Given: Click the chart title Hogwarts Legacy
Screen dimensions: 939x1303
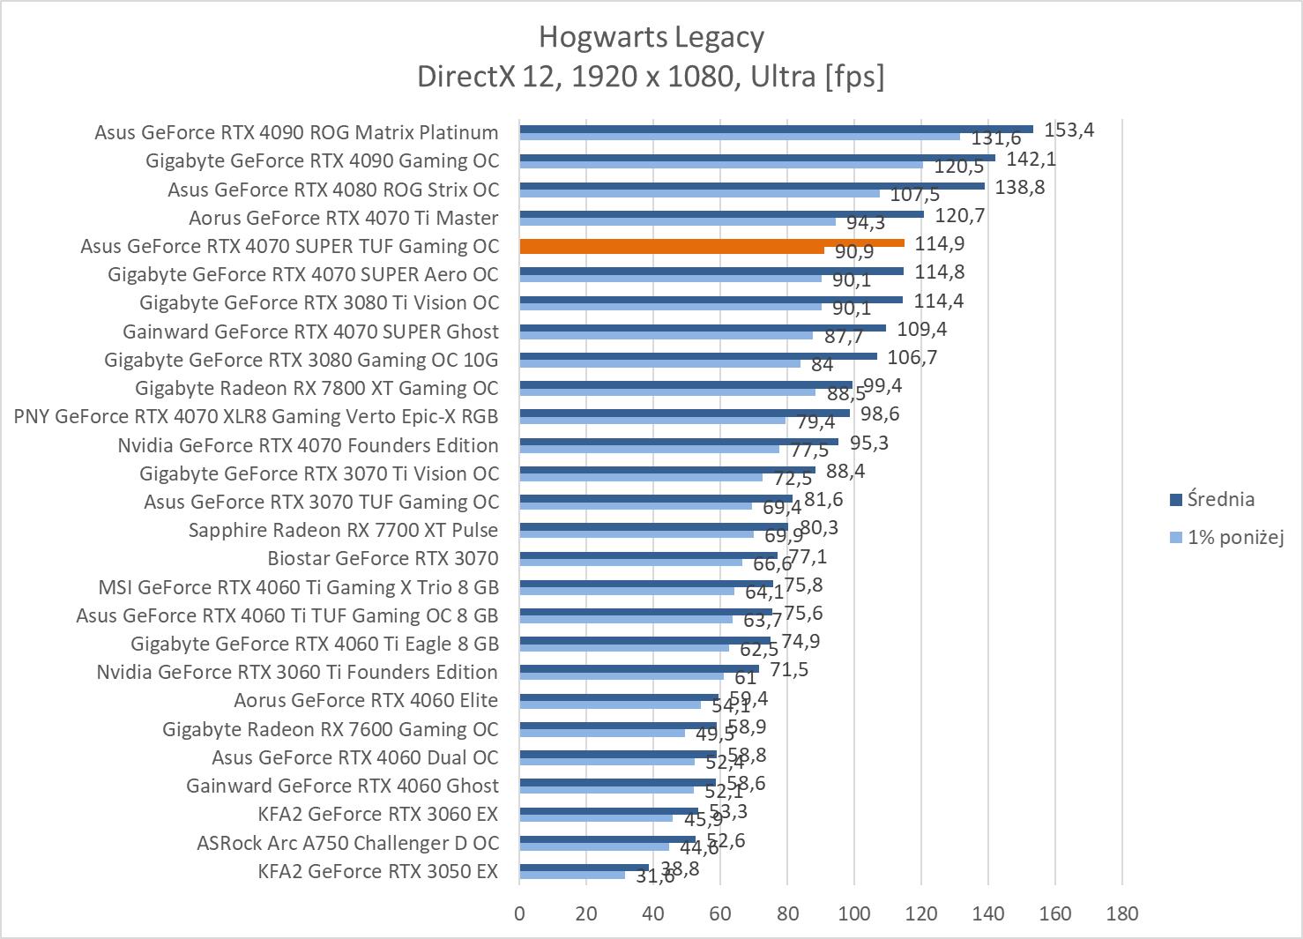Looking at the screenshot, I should click(651, 37).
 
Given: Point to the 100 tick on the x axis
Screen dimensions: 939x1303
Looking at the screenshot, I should click(853, 913).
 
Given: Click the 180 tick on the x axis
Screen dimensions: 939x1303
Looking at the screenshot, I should click(1121, 913).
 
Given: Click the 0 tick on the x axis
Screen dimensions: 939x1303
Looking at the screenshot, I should click(519, 913).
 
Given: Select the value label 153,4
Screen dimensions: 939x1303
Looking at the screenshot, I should click(1068, 130).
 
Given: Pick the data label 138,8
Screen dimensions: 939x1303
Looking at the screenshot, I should click(1020, 187).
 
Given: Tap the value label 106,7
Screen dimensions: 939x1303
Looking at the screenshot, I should click(912, 357).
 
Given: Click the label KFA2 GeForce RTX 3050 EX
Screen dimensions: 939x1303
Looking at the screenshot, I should click(377, 871).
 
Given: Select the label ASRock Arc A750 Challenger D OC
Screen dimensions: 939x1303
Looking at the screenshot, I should click(347, 843).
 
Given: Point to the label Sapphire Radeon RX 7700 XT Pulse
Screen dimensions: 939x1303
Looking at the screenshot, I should click(343, 530).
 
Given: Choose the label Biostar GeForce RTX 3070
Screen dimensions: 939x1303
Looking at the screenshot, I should click(383, 558).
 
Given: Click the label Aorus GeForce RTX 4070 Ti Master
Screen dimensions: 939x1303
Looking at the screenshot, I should click(343, 218).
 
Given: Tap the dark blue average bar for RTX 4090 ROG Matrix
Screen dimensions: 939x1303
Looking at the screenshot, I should click(776, 129).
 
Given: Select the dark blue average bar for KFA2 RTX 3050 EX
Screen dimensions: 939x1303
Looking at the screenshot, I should click(584, 868).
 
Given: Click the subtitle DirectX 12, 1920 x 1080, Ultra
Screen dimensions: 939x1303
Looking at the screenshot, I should click(651, 77).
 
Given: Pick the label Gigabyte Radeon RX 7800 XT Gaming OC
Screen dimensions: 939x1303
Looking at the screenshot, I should click(316, 388).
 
